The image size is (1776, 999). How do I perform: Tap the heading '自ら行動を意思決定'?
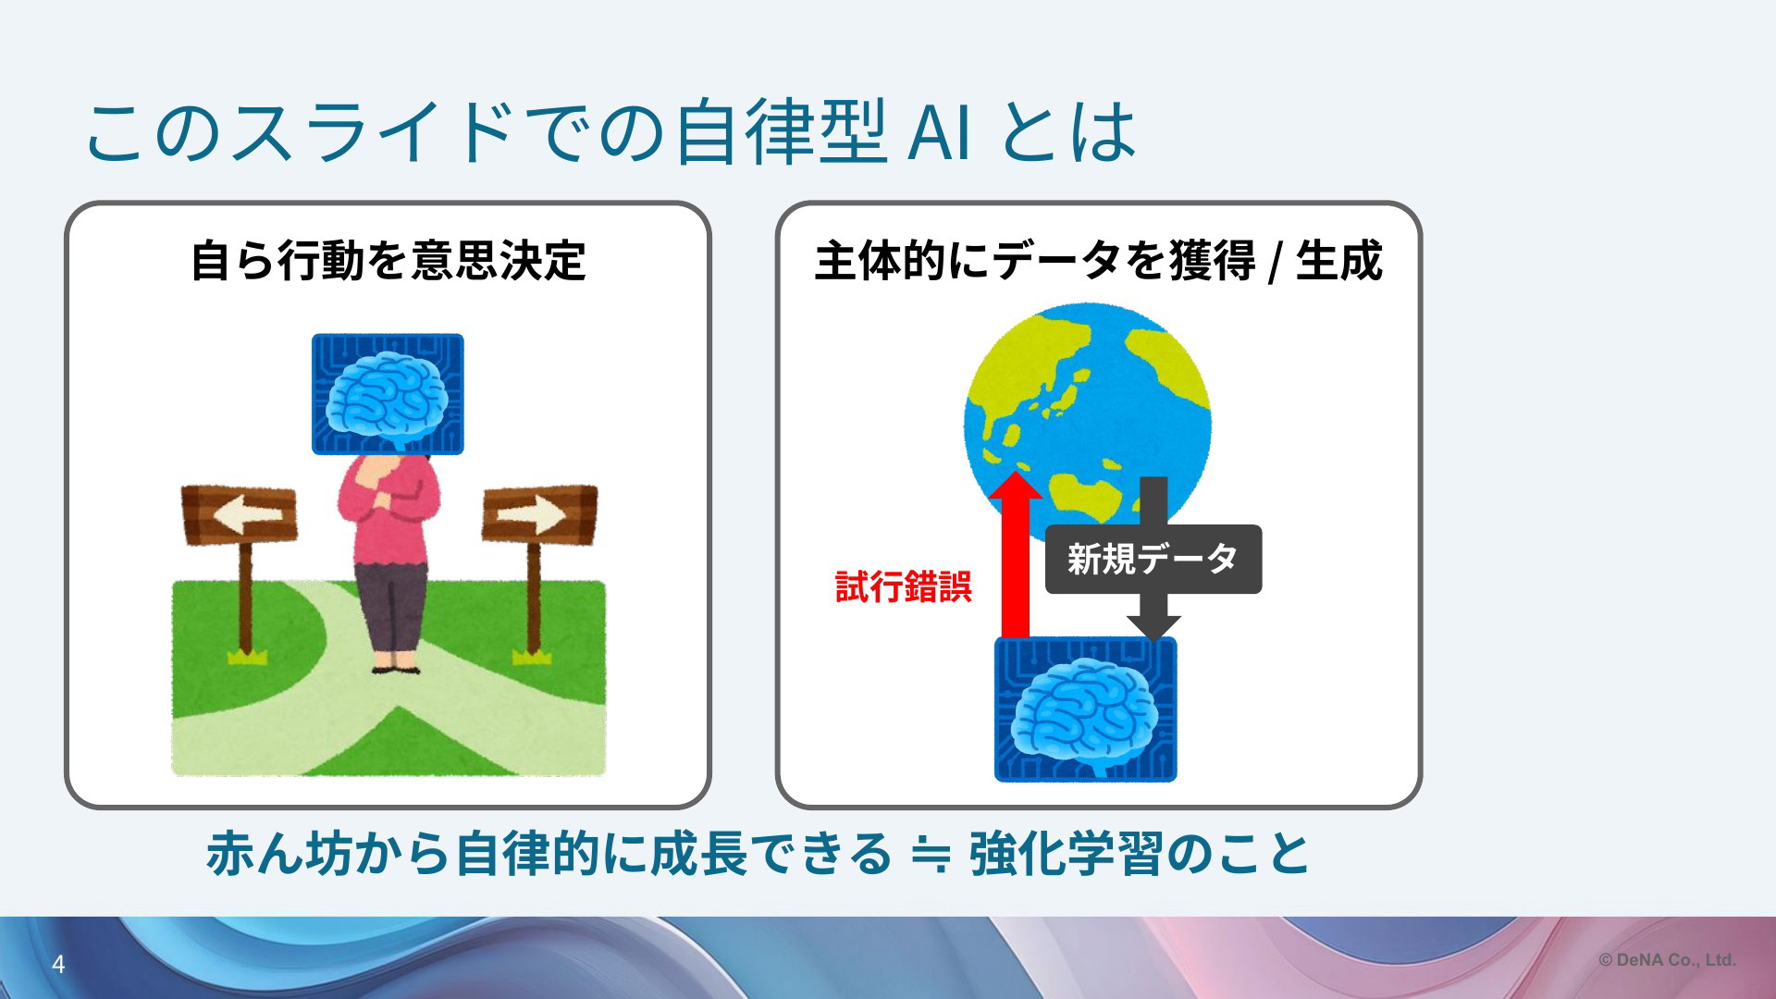(x=388, y=260)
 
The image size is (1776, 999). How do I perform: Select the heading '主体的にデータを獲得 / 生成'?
(x=1098, y=260)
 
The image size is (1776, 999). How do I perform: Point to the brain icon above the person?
(x=388, y=394)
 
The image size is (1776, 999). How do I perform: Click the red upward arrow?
(x=1016, y=555)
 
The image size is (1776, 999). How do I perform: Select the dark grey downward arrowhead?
(x=1153, y=628)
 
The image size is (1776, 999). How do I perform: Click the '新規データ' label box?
(x=1153, y=559)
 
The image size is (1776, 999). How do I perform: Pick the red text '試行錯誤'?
(x=903, y=586)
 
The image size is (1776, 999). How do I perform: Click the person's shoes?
(x=396, y=665)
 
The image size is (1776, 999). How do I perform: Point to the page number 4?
(x=58, y=965)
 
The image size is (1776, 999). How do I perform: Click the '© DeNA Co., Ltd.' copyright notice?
(x=1667, y=960)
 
